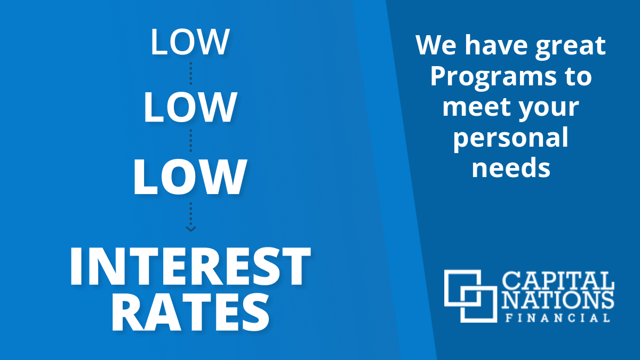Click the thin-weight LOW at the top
[x=190, y=42]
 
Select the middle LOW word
[x=190, y=107]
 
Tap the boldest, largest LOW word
[x=190, y=177]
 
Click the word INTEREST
[x=190, y=266]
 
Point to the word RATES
[x=190, y=313]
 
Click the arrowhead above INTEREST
[x=190, y=229]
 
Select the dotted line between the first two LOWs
[x=191, y=74]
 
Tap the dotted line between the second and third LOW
[x=191, y=141]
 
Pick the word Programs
[x=493, y=77]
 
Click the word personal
[x=510, y=138]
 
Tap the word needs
[x=511, y=167]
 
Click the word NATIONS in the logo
[x=558, y=300]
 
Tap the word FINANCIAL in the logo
[x=558, y=318]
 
